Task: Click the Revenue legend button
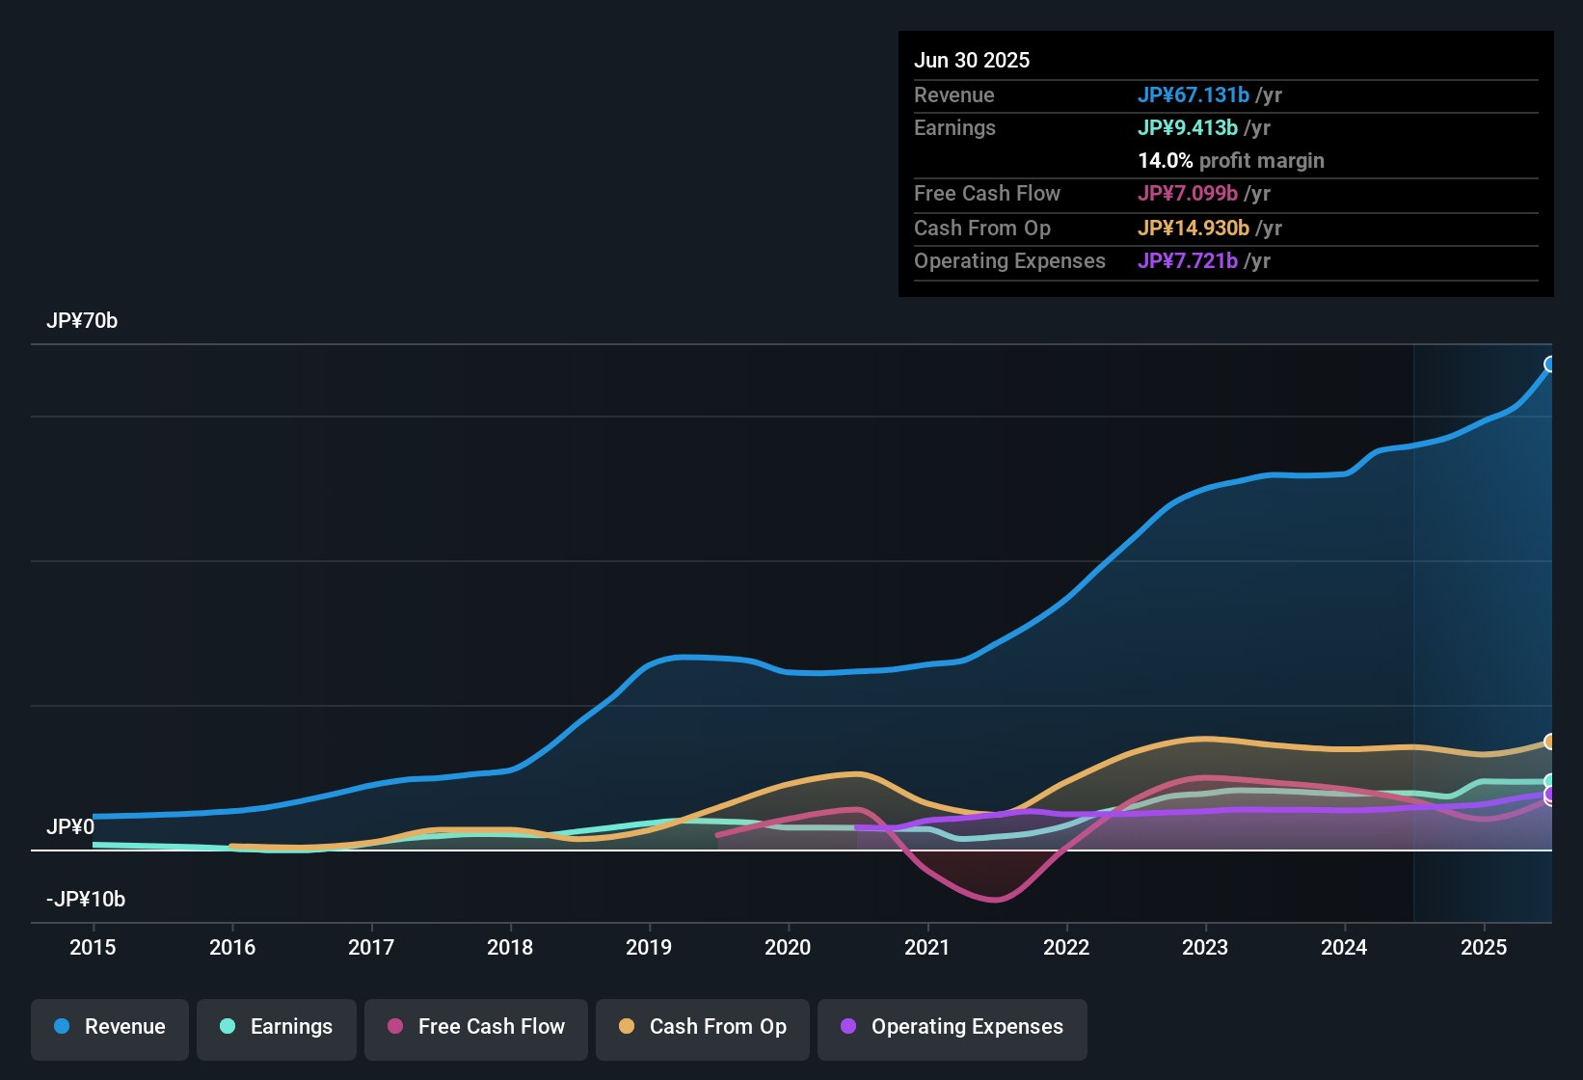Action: (110, 1027)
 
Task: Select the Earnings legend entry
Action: (277, 1027)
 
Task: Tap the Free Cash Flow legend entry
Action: (476, 1027)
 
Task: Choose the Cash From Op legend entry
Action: (703, 1027)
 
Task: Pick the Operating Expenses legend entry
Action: (952, 1027)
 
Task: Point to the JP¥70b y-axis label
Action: (82, 321)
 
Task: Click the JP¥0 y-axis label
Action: (70, 827)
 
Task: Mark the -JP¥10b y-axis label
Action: (86, 900)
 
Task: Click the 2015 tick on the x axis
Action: (93, 948)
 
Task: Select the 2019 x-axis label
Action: (649, 948)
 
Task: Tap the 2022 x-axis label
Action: (1066, 948)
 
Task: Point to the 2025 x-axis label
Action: (1484, 948)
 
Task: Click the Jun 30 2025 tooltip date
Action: (972, 61)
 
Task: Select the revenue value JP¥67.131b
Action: (1194, 95)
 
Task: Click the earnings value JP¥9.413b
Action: (1188, 128)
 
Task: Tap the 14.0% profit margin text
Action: (1231, 161)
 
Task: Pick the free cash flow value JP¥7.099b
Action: (1188, 194)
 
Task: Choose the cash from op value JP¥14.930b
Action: (1194, 229)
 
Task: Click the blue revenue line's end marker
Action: (1550, 364)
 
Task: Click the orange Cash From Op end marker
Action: (1550, 742)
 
